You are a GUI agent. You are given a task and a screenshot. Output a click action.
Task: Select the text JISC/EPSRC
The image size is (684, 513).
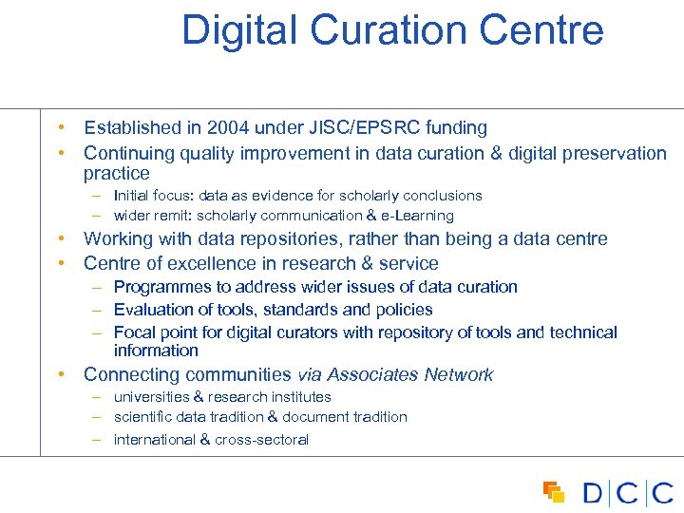click(x=355, y=127)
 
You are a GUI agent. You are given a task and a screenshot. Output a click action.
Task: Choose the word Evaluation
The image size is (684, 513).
click(x=150, y=310)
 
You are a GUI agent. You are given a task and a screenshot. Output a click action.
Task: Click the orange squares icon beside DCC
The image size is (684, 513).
click(x=553, y=491)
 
